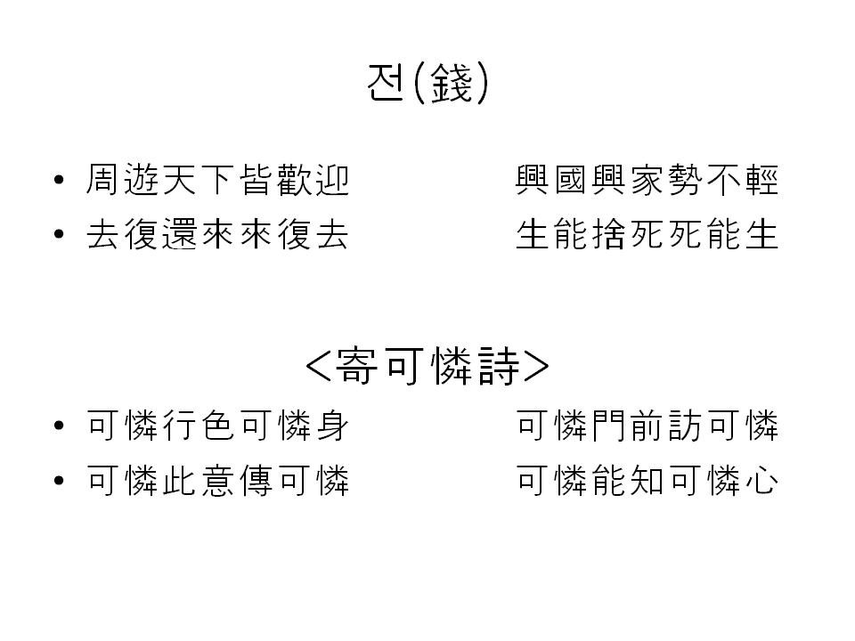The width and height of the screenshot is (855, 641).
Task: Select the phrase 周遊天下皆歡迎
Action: (217, 181)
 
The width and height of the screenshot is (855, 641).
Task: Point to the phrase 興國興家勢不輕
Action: (647, 181)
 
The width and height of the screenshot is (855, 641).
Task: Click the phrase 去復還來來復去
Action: (217, 235)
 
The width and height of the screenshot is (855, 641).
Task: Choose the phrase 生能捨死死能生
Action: (647, 235)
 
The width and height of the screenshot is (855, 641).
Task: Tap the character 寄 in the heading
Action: (356, 365)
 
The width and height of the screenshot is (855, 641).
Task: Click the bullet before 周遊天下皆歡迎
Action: (59, 182)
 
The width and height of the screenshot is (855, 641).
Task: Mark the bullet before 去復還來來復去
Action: (59, 236)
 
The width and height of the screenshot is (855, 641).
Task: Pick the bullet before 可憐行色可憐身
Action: (59, 427)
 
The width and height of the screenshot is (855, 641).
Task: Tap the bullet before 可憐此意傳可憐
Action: (59, 482)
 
